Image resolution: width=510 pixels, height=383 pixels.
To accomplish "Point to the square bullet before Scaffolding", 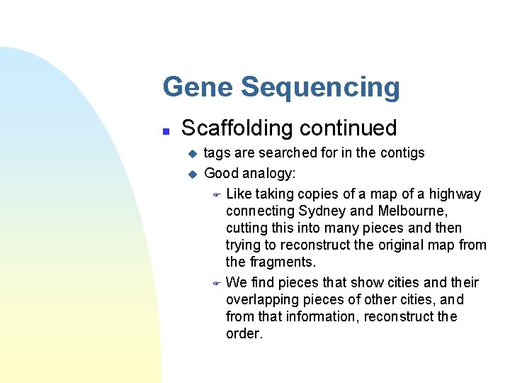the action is pos(165,131).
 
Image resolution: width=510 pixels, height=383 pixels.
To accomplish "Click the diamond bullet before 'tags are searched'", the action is pos(190,153).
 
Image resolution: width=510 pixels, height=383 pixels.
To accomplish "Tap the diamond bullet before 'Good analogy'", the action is pos(190,173).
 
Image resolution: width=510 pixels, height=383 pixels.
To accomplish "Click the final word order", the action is pos(244,333).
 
